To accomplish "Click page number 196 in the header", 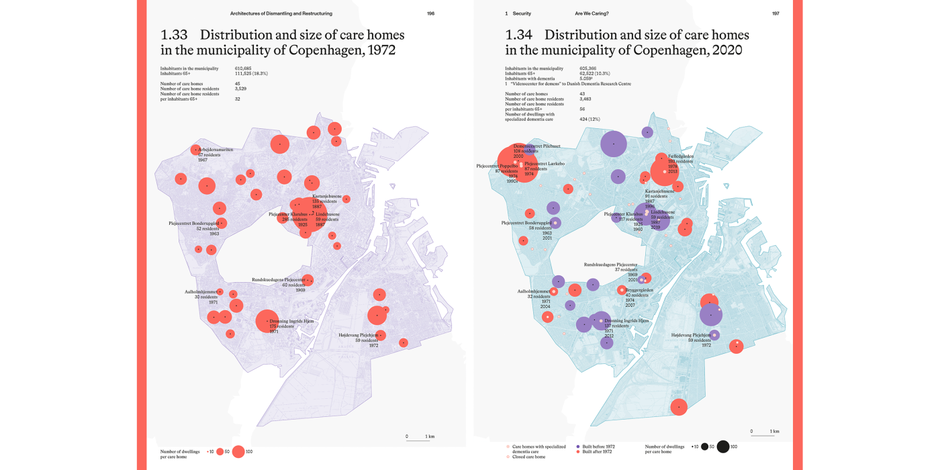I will [x=430, y=13].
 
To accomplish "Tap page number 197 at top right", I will [x=775, y=13].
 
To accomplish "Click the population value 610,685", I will [x=243, y=68].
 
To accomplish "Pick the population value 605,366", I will [x=587, y=68].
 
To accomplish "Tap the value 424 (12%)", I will [x=590, y=119].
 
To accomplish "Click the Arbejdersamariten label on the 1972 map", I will [x=216, y=150].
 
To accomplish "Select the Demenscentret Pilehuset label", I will [x=537, y=146].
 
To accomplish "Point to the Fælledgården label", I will [x=681, y=156].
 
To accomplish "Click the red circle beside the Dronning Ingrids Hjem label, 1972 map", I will [x=268, y=321].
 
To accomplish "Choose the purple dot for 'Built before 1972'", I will [x=578, y=446].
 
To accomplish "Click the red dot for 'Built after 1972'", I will [x=578, y=452].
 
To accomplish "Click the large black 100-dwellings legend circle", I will [x=723, y=446].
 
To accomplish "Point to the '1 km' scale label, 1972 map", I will [x=430, y=436].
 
